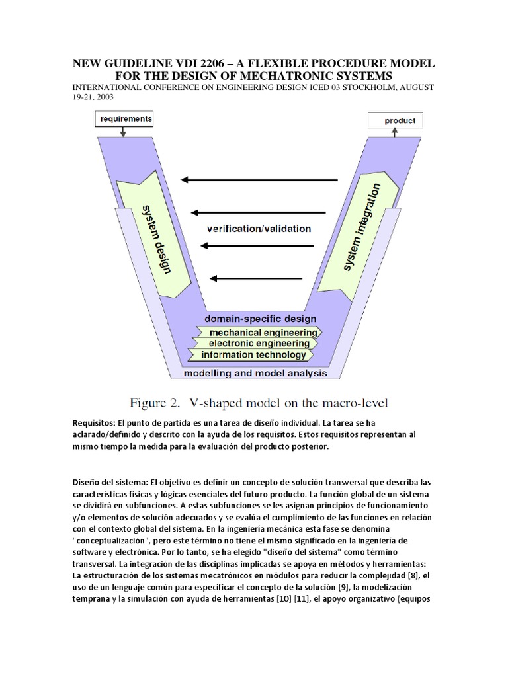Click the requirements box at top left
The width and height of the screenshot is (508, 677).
[126, 119]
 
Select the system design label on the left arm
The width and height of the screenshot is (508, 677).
[156, 238]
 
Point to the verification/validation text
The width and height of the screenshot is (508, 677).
[259, 229]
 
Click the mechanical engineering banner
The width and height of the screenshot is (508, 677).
[262, 332]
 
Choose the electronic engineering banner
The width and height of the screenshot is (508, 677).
[259, 343]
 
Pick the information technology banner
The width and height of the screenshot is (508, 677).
[254, 355]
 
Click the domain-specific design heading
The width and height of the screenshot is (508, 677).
[260, 319]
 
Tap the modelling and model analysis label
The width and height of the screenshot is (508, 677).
[255, 374]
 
